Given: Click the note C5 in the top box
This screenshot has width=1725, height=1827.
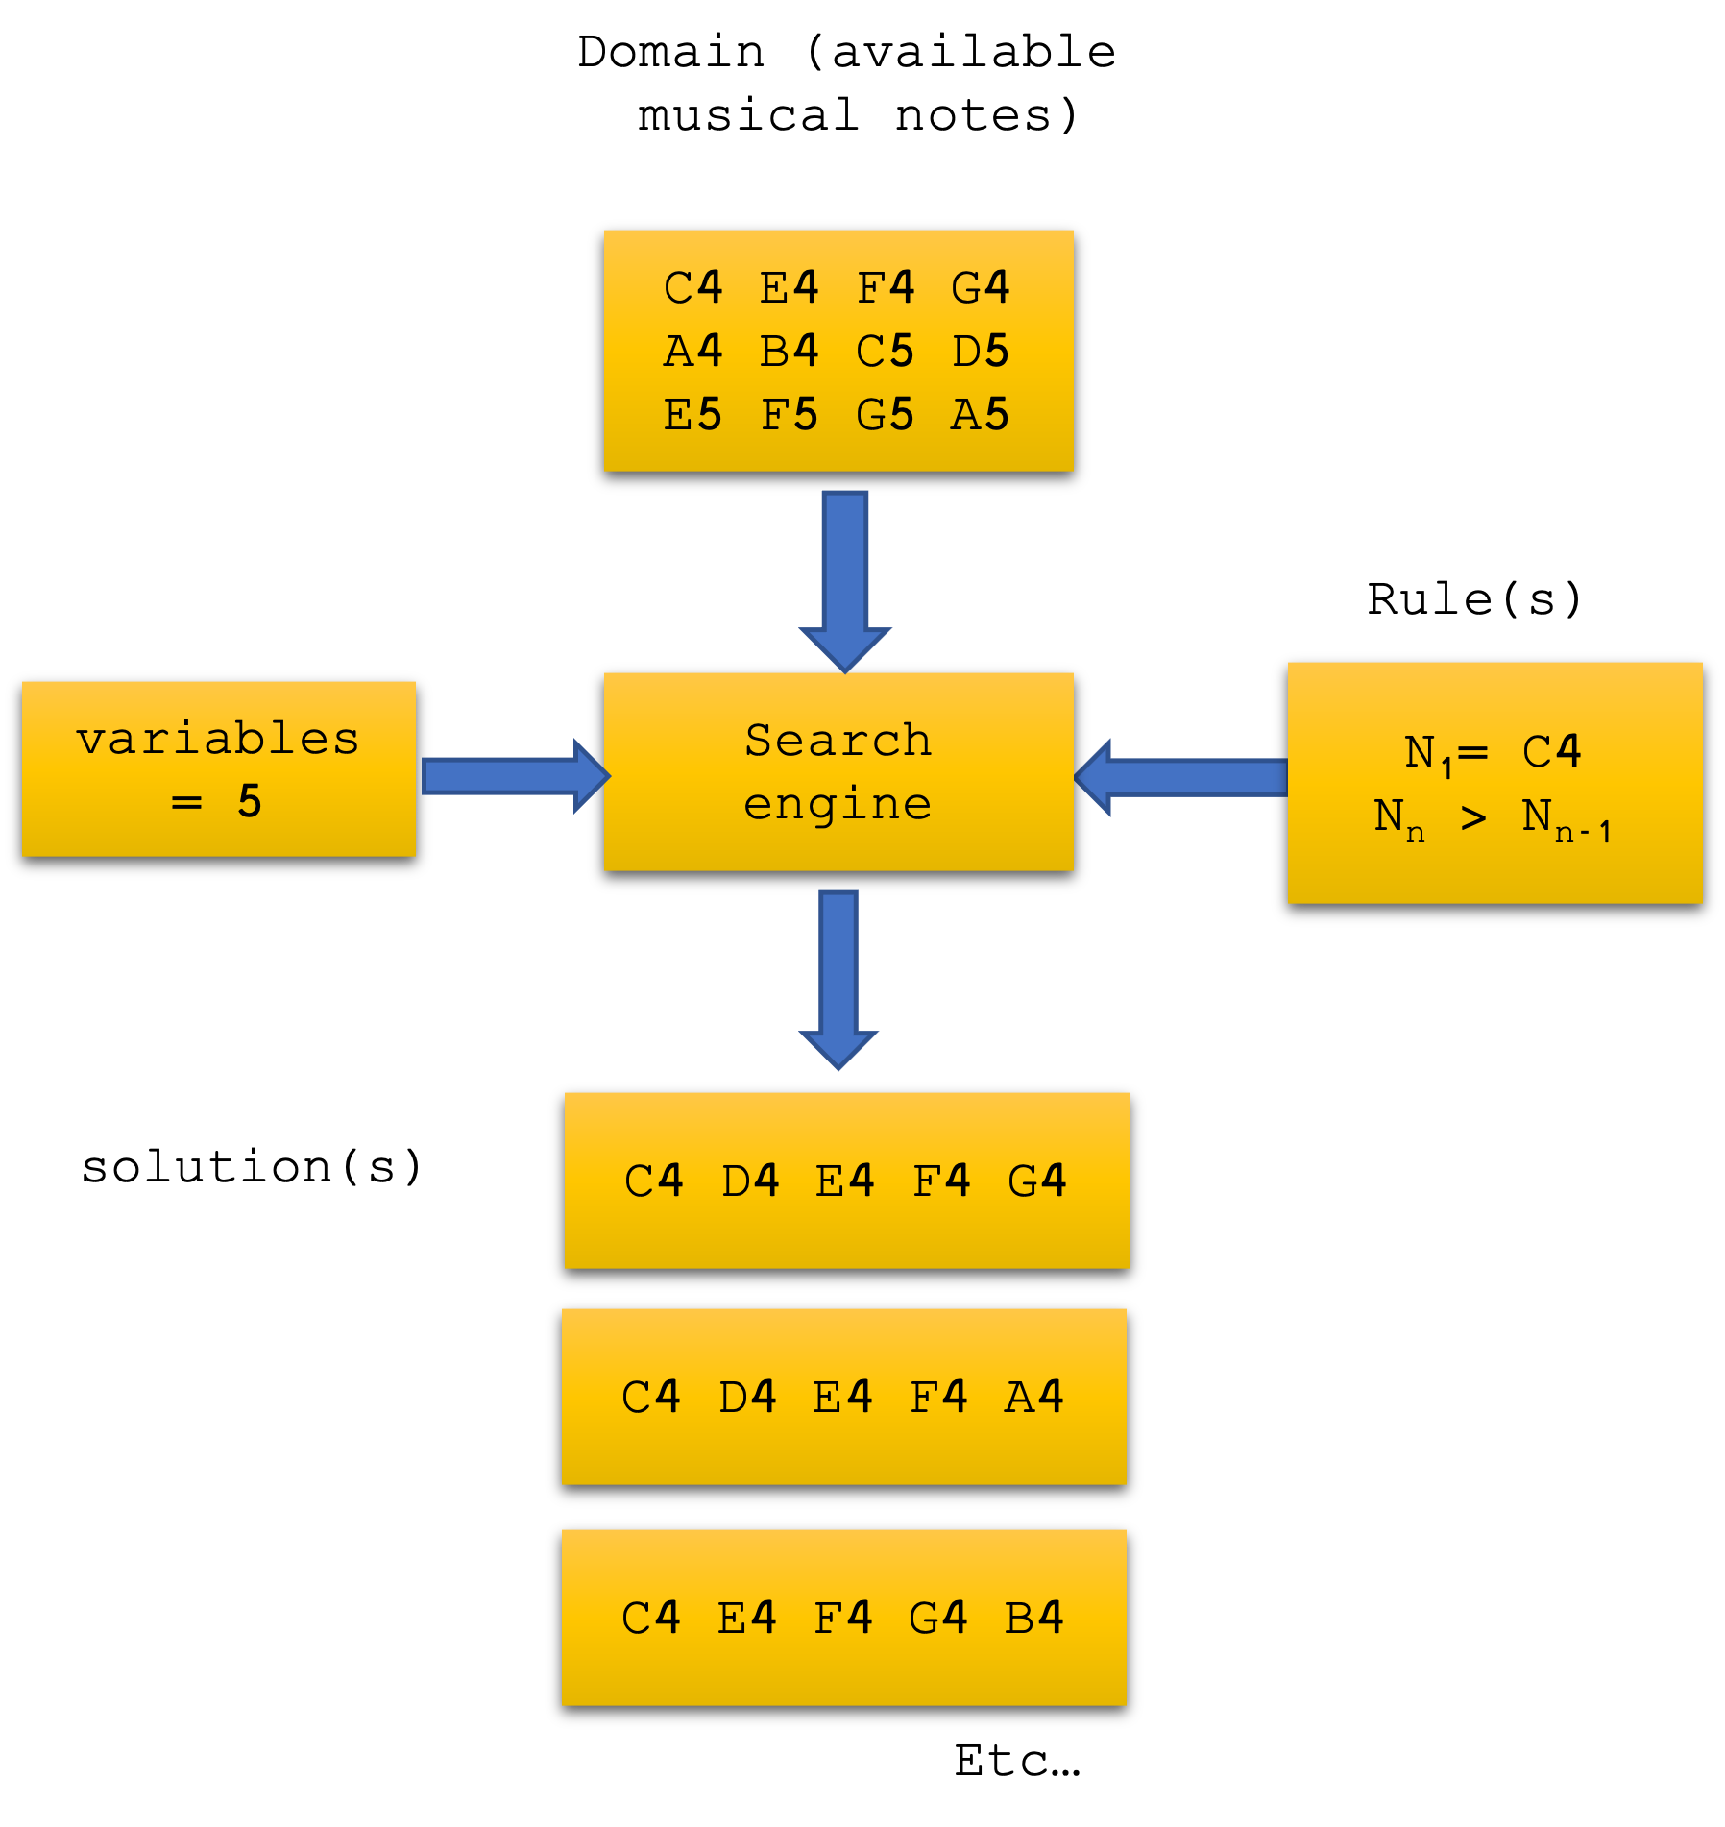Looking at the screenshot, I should tap(885, 352).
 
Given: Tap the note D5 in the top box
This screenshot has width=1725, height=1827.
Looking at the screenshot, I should tap(981, 352).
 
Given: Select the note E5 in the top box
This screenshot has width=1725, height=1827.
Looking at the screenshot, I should tap(692, 415).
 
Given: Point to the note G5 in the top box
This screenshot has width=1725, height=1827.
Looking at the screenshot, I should tap(885, 415).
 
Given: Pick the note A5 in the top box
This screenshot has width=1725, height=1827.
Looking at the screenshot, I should tap(981, 415).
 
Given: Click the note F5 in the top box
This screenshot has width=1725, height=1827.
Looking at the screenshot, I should tap(789, 415).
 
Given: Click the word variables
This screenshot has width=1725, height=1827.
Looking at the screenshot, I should tap(218, 739).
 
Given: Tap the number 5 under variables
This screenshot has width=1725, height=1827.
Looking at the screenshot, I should tap(250, 801).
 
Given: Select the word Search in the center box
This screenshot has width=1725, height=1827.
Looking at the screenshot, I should tap(838, 741).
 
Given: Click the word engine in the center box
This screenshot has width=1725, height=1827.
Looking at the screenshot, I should tap(838, 804).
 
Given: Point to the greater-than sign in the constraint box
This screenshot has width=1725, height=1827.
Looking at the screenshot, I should tap(1473, 818).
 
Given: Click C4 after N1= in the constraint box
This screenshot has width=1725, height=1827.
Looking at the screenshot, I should tap(1551, 752).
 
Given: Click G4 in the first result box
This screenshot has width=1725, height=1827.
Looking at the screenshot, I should tap(1037, 1181).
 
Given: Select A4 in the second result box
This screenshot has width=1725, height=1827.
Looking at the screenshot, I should tap(1034, 1397).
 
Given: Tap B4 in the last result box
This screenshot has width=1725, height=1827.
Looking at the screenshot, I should tap(1034, 1618).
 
